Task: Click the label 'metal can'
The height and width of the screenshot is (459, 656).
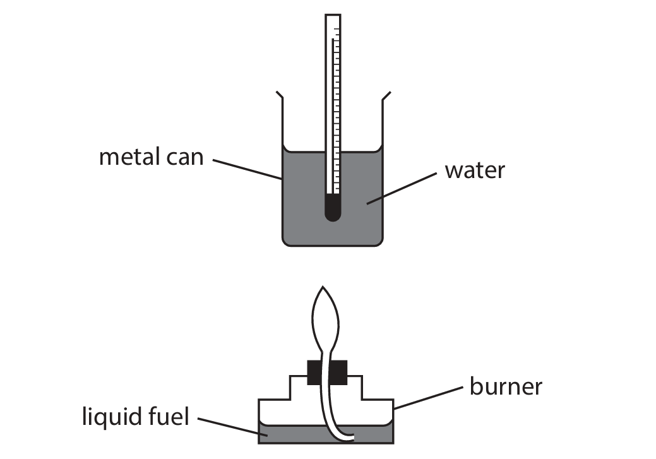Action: pyautogui.click(x=151, y=156)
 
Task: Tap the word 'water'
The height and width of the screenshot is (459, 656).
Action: pyautogui.click(x=474, y=170)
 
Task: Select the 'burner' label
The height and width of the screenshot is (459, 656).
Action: pyautogui.click(x=505, y=386)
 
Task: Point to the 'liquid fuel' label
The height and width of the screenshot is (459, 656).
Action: pyautogui.click(x=135, y=417)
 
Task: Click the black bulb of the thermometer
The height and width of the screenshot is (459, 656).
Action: pyautogui.click(x=332, y=208)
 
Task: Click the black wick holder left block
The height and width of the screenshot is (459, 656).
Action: pyautogui.click(x=314, y=373)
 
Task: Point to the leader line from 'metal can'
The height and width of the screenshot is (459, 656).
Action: pyautogui.click(x=246, y=169)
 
